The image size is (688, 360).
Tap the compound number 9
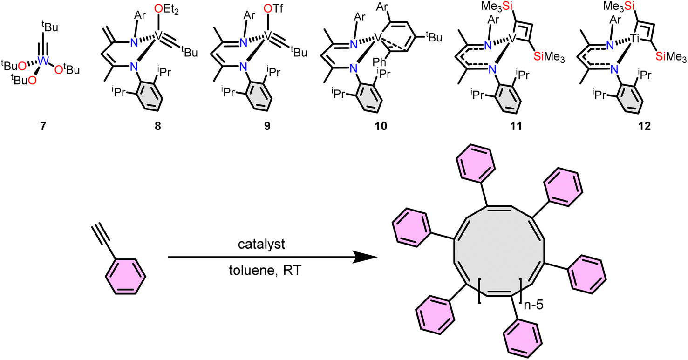(268, 126)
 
